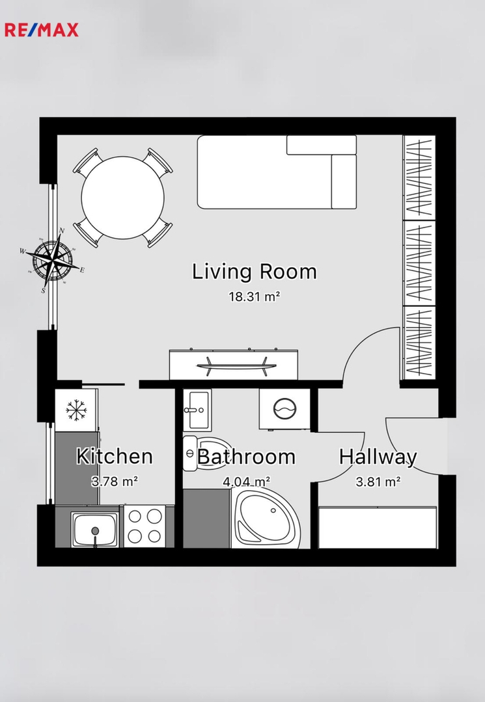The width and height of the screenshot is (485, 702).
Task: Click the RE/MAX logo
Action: pyautogui.click(x=41, y=30)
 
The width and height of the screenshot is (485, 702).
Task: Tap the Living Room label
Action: pyautogui.click(x=255, y=272)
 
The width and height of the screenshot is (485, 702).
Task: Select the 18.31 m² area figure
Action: pyautogui.click(x=255, y=296)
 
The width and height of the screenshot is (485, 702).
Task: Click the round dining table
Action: pyautogui.click(x=122, y=198)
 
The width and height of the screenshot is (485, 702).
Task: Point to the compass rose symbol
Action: pyautogui.click(x=53, y=259)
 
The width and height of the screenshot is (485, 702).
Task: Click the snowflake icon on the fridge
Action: pyautogui.click(x=76, y=409)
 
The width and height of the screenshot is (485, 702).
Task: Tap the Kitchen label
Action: pyautogui.click(x=115, y=456)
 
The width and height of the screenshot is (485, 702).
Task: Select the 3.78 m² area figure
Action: pyautogui.click(x=115, y=481)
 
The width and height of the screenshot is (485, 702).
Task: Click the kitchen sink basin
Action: pyautogui.click(x=94, y=529)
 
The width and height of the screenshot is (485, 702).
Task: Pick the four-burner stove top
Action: pyautogui.click(x=145, y=526)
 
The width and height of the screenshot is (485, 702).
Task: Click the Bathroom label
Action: pyautogui.click(x=246, y=457)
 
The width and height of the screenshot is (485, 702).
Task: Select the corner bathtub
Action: pyautogui.click(x=266, y=519)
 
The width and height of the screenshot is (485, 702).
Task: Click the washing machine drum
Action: pyautogui.click(x=284, y=409)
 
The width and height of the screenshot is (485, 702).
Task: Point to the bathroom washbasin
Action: pyautogui.click(x=197, y=409)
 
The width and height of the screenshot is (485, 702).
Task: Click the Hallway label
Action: pyautogui.click(x=378, y=457)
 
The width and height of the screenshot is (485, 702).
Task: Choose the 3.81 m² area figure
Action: pyautogui.click(x=378, y=482)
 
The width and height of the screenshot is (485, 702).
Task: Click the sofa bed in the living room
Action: pyautogui.click(x=277, y=172)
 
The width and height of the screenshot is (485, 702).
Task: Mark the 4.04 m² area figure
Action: pyautogui.click(x=246, y=482)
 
